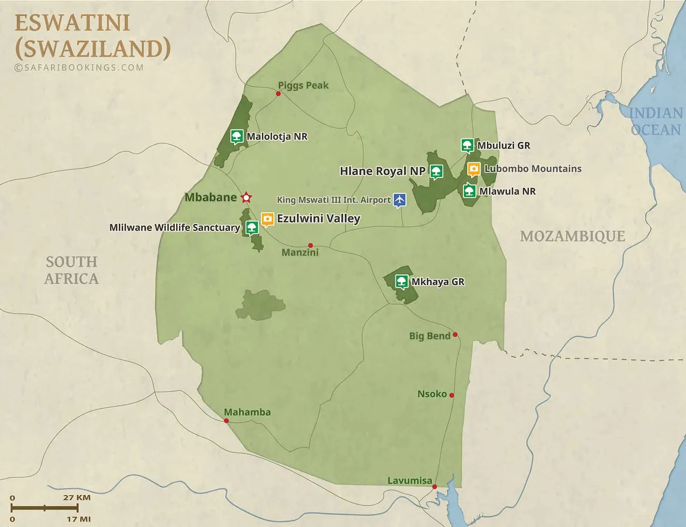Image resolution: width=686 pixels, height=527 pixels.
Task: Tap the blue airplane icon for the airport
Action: click(x=400, y=200)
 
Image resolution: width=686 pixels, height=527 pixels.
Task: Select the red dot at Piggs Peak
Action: click(x=278, y=94)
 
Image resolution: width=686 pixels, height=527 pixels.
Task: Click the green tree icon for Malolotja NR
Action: click(x=237, y=136)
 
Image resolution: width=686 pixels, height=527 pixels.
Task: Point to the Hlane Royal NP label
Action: click(x=382, y=171)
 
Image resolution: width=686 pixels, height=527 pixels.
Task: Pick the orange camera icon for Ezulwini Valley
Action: click(x=267, y=218)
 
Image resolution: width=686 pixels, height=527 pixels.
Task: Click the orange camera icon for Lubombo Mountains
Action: click(x=474, y=169)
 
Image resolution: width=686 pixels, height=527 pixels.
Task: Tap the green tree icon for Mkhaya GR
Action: click(x=402, y=281)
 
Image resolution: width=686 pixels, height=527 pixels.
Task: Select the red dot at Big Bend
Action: click(x=455, y=335)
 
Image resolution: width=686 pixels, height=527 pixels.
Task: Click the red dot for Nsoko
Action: click(x=451, y=395)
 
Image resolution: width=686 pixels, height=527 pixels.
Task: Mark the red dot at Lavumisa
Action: click(x=434, y=487)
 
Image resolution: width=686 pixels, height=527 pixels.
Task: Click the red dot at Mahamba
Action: click(x=226, y=421)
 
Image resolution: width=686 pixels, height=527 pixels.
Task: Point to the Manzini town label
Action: click(x=300, y=252)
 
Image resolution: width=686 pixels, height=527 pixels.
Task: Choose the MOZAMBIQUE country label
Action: click(x=572, y=236)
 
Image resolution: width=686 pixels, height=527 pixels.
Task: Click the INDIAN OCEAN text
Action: click(x=655, y=121)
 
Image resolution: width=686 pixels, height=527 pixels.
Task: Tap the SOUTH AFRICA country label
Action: click(x=71, y=270)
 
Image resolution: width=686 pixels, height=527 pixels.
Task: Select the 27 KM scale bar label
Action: click(x=77, y=497)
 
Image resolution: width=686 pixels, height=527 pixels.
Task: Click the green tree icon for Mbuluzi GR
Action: click(x=467, y=145)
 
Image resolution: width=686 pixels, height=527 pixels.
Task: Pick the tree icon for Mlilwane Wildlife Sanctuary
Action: click(x=252, y=227)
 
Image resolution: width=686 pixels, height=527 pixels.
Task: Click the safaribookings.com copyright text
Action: click(x=79, y=67)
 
